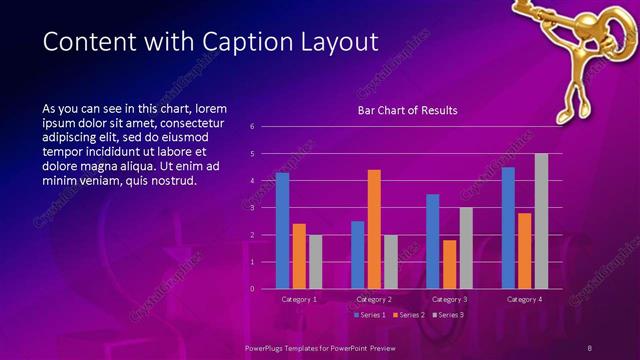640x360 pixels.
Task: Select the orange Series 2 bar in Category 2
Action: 374,229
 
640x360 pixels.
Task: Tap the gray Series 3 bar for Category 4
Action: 541,221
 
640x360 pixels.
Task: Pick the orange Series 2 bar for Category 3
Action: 449,264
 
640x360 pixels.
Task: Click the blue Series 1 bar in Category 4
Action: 508,228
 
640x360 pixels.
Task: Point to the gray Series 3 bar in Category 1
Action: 315,262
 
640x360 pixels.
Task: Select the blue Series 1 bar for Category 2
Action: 357,255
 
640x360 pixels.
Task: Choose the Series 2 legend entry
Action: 410,314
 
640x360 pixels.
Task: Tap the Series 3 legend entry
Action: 448,314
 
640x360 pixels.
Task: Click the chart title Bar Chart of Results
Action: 407,111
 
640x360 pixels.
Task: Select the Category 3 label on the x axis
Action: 449,299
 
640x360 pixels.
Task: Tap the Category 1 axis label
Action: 299,299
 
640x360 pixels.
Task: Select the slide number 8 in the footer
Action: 589,347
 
